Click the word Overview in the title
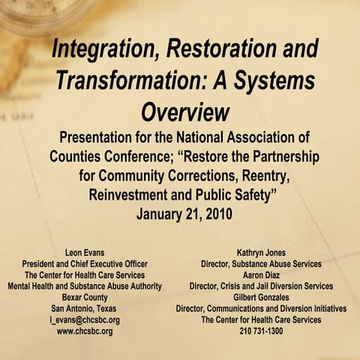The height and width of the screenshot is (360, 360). pyautogui.click(x=184, y=112)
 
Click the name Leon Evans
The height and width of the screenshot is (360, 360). pyautogui.click(x=85, y=253)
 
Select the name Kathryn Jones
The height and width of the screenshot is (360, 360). pyautogui.click(x=261, y=253)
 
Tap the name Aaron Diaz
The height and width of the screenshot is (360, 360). pyautogui.click(x=261, y=275)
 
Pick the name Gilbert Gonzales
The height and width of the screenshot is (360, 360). pyautogui.click(x=261, y=297)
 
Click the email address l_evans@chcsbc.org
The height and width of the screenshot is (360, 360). pyautogui.click(x=85, y=319)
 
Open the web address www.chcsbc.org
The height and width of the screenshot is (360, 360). pyautogui.click(x=85, y=331)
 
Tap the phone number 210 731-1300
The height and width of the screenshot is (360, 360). pyautogui.click(x=261, y=331)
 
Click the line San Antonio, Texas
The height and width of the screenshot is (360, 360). pyautogui.click(x=85, y=308)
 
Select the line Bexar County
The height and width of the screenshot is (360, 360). pyautogui.click(x=85, y=297)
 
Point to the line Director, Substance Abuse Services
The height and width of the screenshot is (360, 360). pyautogui.click(x=261, y=264)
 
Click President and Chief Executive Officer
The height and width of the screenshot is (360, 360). pyautogui.click(x=85, y=264)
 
